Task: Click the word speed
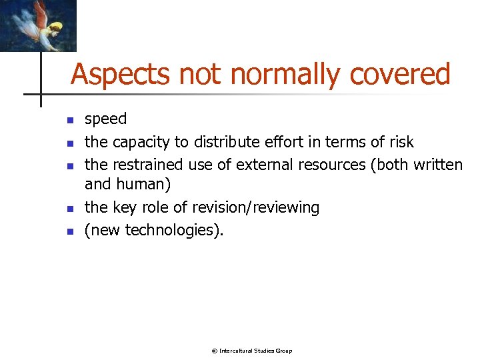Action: point(105,119)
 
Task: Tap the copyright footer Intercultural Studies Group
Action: point(251,351)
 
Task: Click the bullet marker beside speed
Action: point(68,121)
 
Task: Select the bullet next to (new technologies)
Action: point(68,232)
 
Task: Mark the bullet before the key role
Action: point(68,209)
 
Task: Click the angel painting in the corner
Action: point(37,25)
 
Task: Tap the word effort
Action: point(277,142)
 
